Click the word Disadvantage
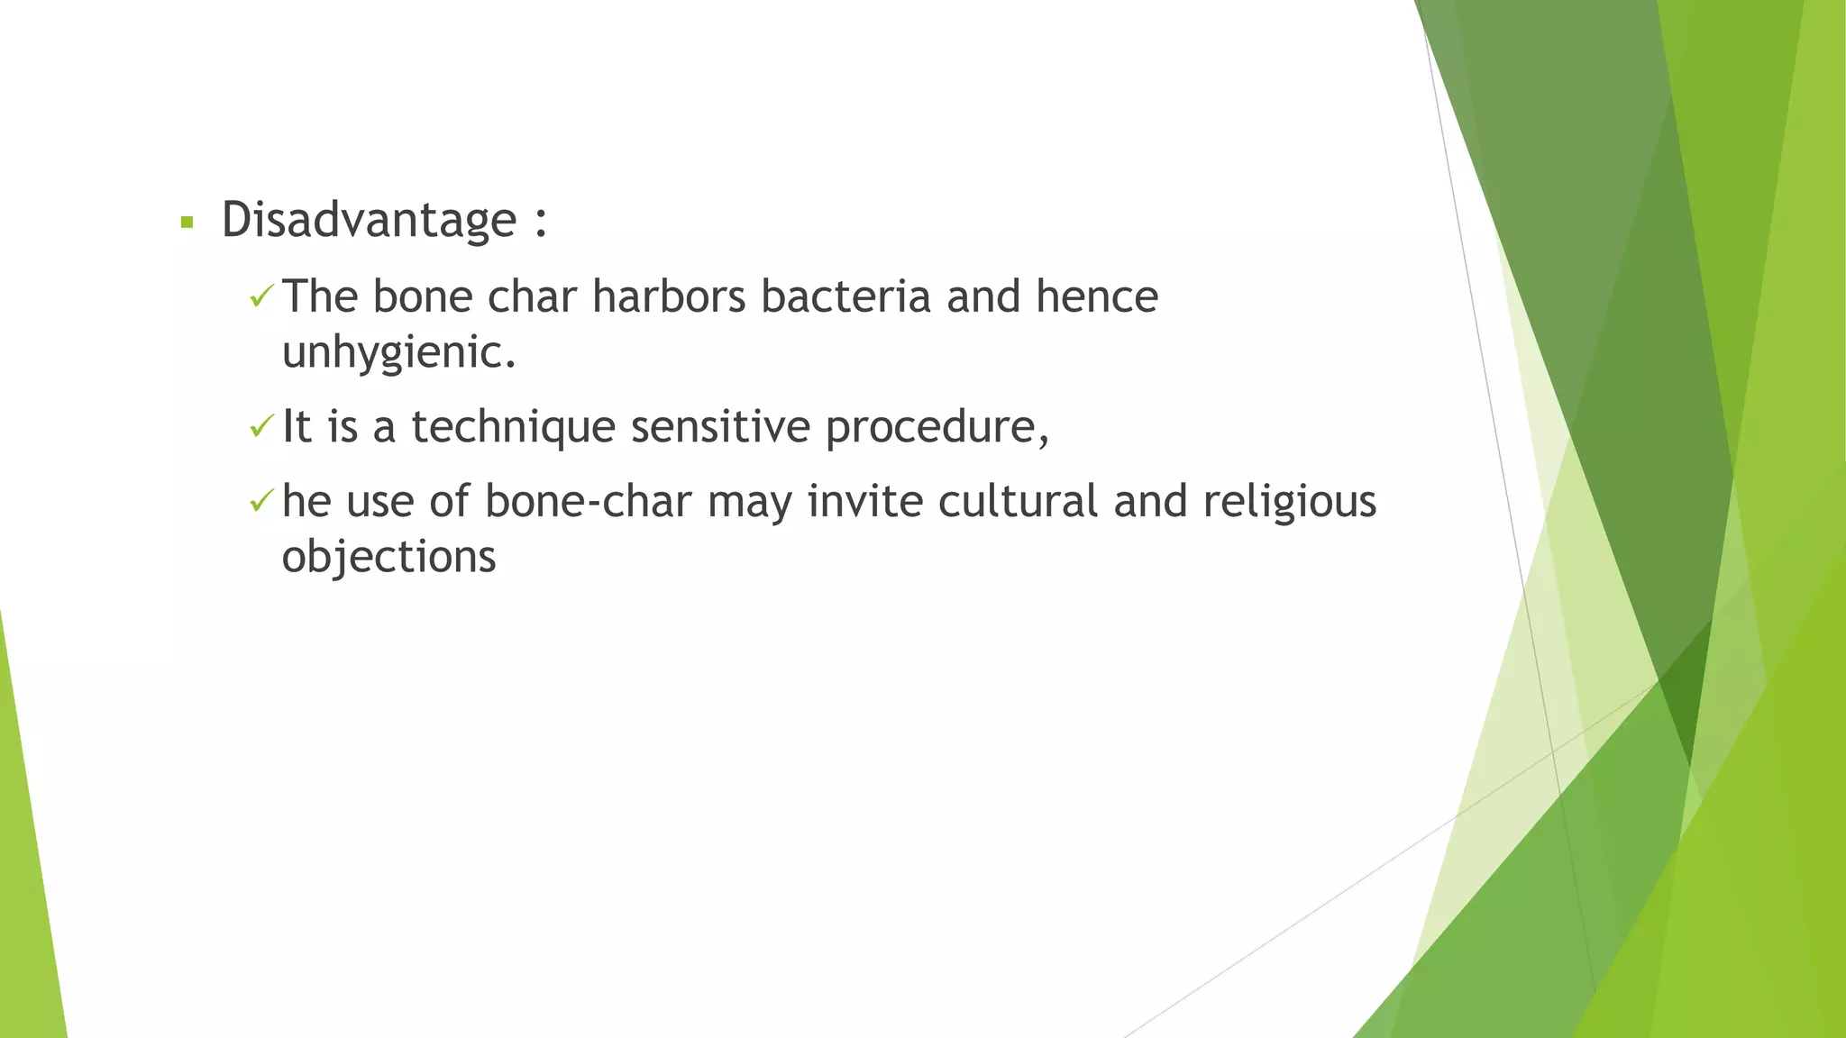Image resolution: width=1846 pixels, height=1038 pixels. tap(369, 220)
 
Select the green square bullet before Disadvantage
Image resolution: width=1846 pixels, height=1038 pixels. tap(187, 222)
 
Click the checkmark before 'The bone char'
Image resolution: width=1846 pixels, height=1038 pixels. tap(260, 296)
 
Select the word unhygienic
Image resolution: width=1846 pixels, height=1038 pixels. tap(398, 352)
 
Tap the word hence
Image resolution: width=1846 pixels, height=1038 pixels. tap(1096, 296)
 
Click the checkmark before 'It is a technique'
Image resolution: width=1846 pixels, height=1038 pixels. tap(260, 425)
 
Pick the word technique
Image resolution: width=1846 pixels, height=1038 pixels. tap(513, 427)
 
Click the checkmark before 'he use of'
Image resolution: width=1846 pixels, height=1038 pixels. tap(260, 500)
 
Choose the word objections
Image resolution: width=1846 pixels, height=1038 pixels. tap(388, 557)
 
